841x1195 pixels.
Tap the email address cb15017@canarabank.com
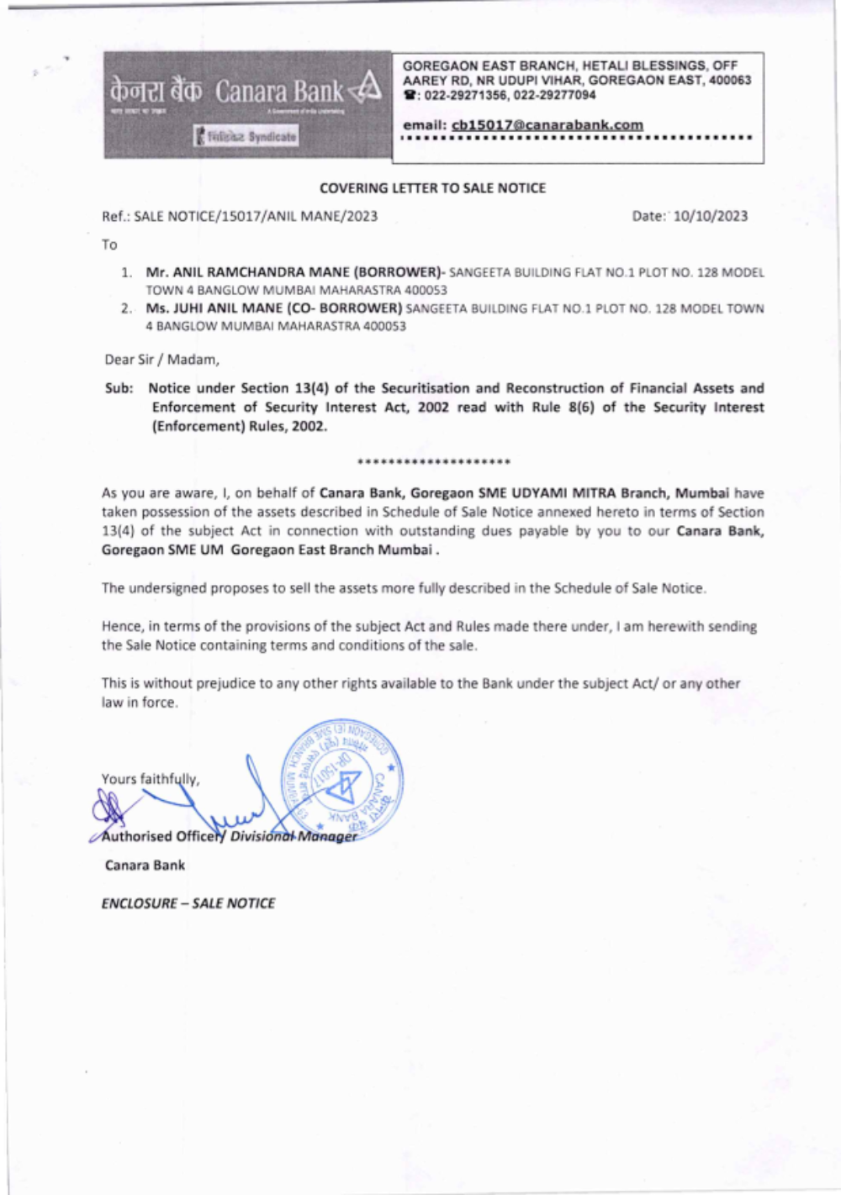pyautogui.click(x=547, y=125)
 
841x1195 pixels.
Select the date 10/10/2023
pyautogui.click(x=711, y=216)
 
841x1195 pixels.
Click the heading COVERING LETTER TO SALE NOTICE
pyautogui.click(x=432, y=188)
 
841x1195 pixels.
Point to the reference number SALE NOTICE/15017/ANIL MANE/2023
pyautogui.click(x=256, y=216)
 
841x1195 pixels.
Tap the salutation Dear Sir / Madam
pyautogui.click(x=161, y=360)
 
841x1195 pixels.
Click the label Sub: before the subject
pyautogui.click(x=119, y=388)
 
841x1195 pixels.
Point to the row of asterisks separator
pyautogui.click(x=433, y=462)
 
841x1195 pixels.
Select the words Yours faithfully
pyautogui.click(x=151, y=779)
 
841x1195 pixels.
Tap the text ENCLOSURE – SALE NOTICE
pyautogui.click(x=188, y=903)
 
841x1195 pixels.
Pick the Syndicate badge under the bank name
pyautogui.click(x=246, y=136)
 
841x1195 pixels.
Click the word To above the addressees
pyautogui.click(x=109, y=245)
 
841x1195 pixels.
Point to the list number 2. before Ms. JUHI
pyautogui.click(x=126, y=308)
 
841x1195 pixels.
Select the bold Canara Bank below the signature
pyautogui.click(x=145, y=866)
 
